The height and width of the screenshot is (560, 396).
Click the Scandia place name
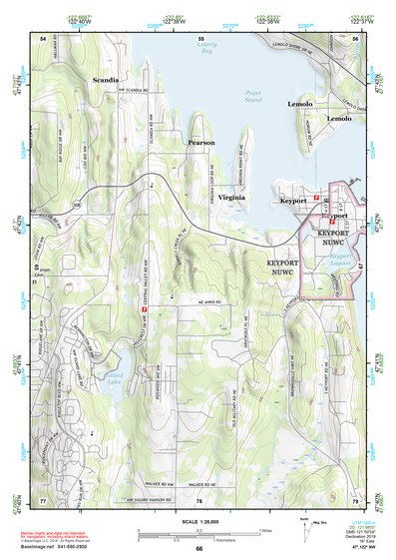(107, 78)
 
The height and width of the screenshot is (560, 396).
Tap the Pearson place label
(201, 143)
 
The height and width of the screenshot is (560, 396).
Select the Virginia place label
(231, 198)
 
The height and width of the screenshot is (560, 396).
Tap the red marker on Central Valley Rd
(145, 309)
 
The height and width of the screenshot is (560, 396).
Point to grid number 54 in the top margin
(43, 38)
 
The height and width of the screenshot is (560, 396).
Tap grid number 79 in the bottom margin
(355, 498)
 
